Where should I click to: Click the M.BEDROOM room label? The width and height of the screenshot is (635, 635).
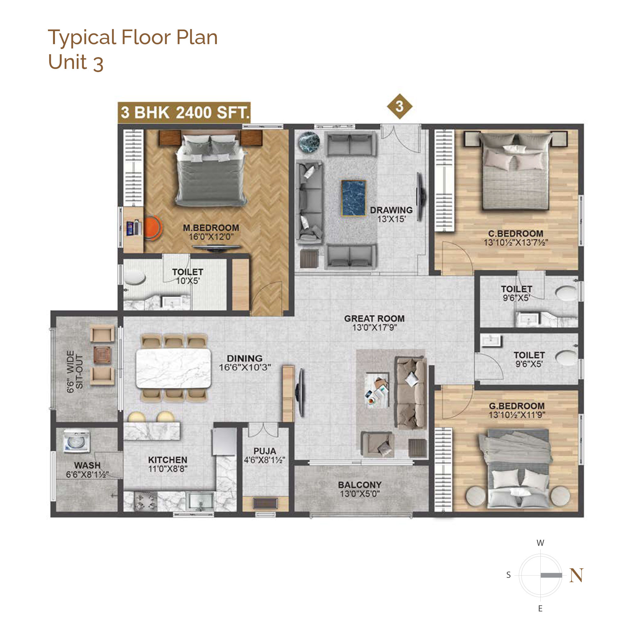(211, 228)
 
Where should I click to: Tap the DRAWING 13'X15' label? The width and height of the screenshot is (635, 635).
(391, 214)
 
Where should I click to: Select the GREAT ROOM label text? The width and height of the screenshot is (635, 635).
(374, 318)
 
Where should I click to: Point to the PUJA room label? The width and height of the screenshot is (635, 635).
(264, 451)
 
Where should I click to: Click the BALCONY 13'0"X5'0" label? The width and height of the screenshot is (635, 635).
(360, 489)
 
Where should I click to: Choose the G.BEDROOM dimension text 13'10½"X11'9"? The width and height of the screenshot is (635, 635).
(517, 415)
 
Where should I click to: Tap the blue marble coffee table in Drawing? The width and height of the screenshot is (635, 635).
(354, 198)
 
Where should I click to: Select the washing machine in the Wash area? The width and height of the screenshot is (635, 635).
(77, 441)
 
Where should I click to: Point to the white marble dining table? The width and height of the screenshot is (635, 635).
(174, 368)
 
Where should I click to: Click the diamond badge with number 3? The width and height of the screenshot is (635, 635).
(399, 106)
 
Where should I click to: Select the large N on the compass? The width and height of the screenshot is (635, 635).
(577, 575)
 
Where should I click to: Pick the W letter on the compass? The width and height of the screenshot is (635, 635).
(540, 543)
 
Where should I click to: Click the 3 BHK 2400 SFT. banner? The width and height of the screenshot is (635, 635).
(184, 112)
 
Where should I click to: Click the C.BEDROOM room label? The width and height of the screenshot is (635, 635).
(516, 234)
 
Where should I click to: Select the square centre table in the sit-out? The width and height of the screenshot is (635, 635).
(102, 355)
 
